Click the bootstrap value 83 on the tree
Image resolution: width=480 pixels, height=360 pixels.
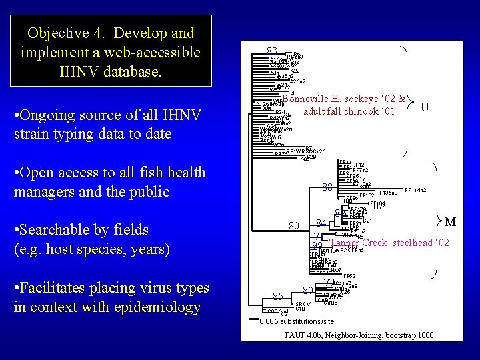271,51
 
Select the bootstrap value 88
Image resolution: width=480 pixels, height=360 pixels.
327,187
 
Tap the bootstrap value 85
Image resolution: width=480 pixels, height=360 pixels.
279,296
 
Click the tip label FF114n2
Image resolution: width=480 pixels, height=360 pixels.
415,190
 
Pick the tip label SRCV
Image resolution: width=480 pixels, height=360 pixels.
303,303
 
